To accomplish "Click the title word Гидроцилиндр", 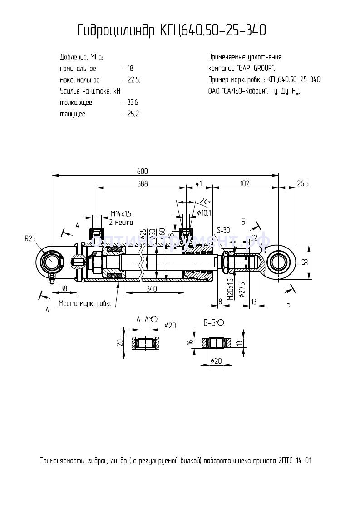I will (116, 30).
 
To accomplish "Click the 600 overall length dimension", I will (142, 171).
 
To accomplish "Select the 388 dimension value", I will (143, 183).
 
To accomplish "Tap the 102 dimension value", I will (245, 183).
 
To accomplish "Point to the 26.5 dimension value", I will (302, 183).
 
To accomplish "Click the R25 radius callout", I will (30, 238).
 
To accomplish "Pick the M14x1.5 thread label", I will (121, 214).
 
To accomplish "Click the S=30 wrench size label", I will (223, 229).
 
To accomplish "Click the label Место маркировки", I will (85, 303).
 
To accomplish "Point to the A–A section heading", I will (143, 319).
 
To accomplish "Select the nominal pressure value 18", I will (131, 69).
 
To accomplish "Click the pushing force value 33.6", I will (132, 103).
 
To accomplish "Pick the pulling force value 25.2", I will (132, 114).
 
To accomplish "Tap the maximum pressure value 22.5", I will (133, 80).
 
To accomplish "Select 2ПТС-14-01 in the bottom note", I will (294, 460).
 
